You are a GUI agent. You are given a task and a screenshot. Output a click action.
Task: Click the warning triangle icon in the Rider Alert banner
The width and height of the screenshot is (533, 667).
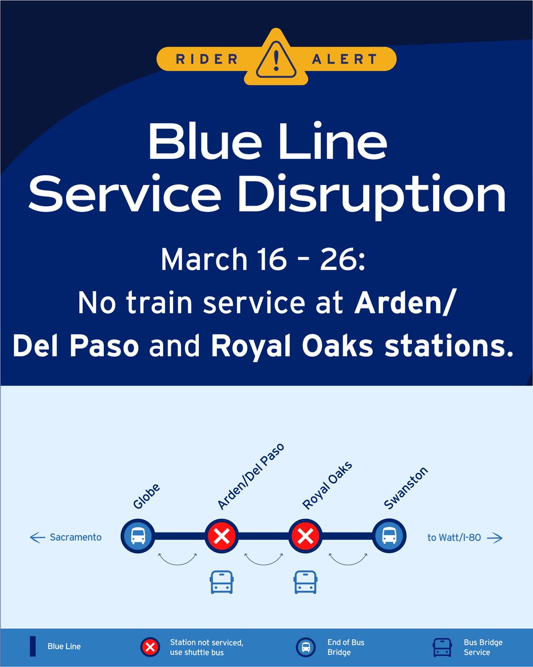[x=276, y=58]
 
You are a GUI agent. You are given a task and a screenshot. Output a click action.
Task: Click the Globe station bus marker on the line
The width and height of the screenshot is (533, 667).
[x=138, y=536]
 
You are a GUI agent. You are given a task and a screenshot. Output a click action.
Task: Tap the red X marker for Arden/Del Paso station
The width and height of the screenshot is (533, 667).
[x=222, y=536]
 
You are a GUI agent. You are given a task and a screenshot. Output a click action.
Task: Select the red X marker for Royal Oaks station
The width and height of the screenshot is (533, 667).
[x=305, y=536]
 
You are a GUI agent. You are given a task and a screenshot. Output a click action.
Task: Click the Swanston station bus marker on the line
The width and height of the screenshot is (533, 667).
[x=388, y=536]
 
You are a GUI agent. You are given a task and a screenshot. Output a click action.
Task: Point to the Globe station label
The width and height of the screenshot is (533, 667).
[x=147, y=496]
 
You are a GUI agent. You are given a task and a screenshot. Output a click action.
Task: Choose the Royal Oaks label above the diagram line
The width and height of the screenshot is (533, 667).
[x=328, y=485]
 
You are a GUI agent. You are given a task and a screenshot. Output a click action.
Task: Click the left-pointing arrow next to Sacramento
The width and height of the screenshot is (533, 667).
[x=37, y=537]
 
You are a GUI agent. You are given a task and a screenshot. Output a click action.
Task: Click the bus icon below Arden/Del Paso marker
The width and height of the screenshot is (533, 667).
[x=222, y=581]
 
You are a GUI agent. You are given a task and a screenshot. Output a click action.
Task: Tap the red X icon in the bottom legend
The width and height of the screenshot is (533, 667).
[x=150, y=647]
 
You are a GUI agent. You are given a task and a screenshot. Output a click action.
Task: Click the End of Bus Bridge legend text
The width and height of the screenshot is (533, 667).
[x=345, y=647]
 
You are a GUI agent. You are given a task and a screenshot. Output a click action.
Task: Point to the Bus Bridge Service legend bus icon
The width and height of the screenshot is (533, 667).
[x=443, y=647]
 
